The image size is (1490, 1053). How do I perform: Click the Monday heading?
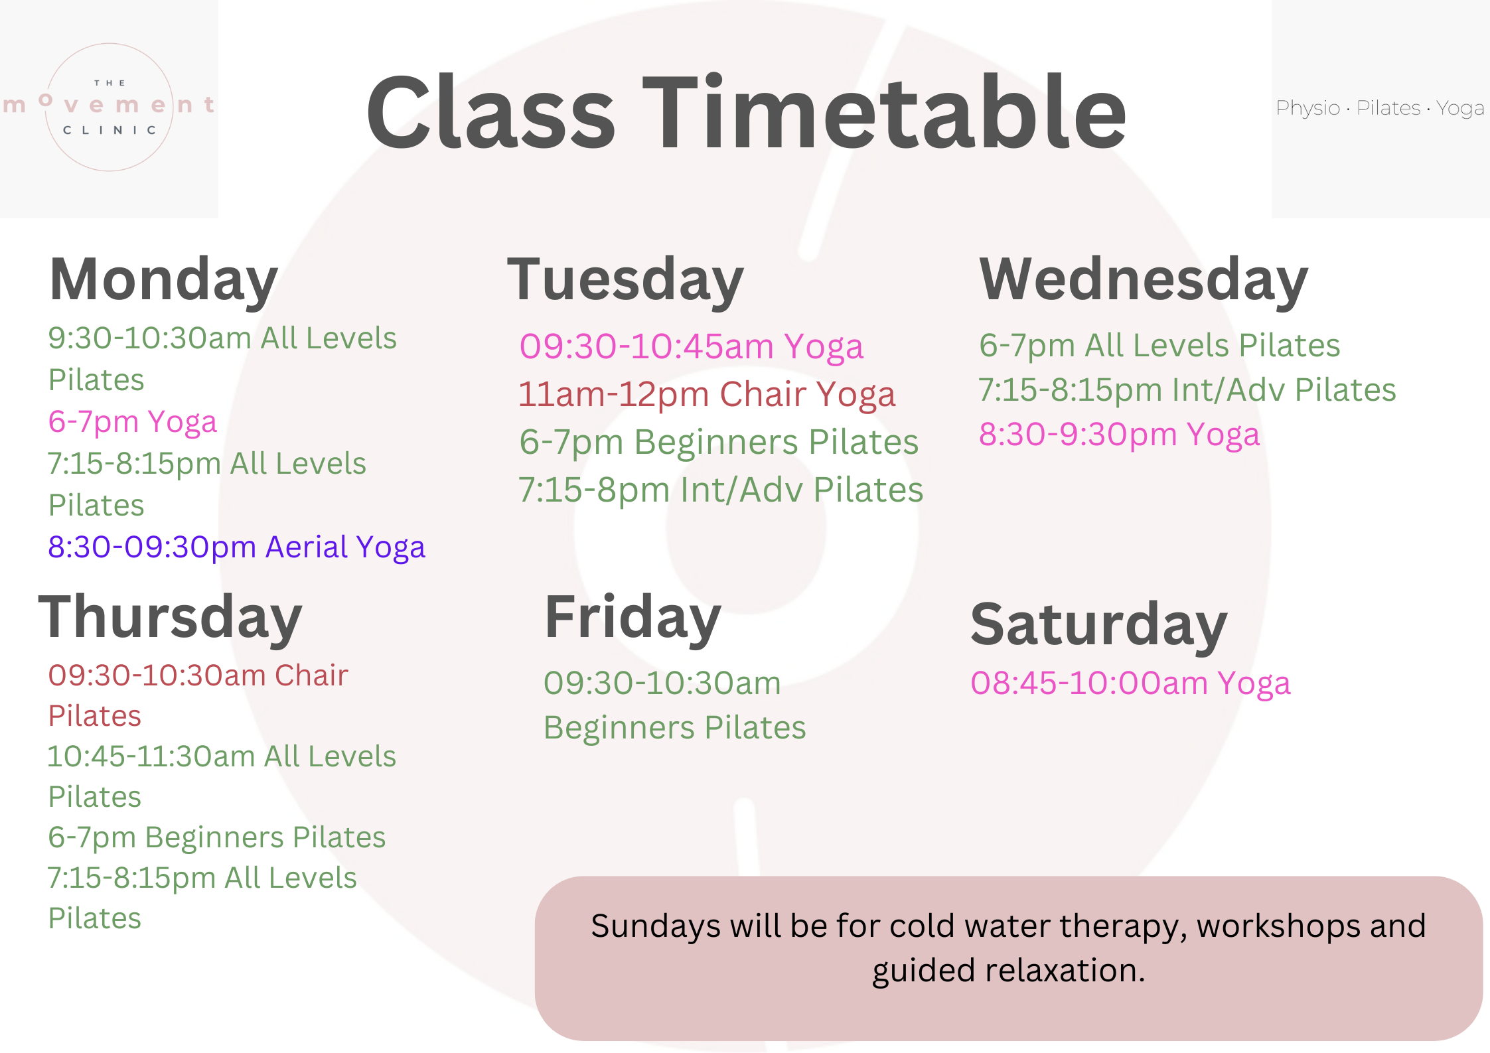pyautogui.click(x=163, y=281)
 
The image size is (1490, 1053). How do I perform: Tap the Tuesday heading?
pyautogui.click(x=625, y=281)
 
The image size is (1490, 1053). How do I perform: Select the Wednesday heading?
pyautogui.click(x=1143, y=281)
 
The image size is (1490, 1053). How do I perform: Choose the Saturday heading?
pyautogui.click(x=1098, y=625)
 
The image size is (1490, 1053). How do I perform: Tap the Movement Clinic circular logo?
pyautogui.click(x=110, y=107)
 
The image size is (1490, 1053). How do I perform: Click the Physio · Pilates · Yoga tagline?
pyautogui.click(x=1379, y=108)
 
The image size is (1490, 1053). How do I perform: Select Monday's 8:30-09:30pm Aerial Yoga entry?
pyautogui.click(x=236, y=547)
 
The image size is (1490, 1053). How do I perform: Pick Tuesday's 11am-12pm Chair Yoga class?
pyautogui.click(x=707, y=395)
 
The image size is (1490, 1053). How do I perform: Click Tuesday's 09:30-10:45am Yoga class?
pyautogui.click(x=691, y=347)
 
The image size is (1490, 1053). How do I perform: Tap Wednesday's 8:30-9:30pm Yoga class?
pyautogui.click(x=1119, y=435)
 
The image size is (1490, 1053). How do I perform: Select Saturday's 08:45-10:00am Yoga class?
pyautogui.click(x=1130, y=683)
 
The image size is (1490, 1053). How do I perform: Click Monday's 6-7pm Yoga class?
pyautogui.click(x=133, y=422)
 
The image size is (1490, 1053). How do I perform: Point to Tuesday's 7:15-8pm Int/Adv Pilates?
pyautogui.click(x=720, y=490)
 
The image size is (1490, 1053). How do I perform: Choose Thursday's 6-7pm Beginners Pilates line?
pyautogui.click(x=216, y=837)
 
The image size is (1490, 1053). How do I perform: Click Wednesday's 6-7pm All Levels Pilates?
pyautogui.click(x=1159, y=346)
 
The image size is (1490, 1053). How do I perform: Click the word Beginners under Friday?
pyautogui.click(x=619, y=728)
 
